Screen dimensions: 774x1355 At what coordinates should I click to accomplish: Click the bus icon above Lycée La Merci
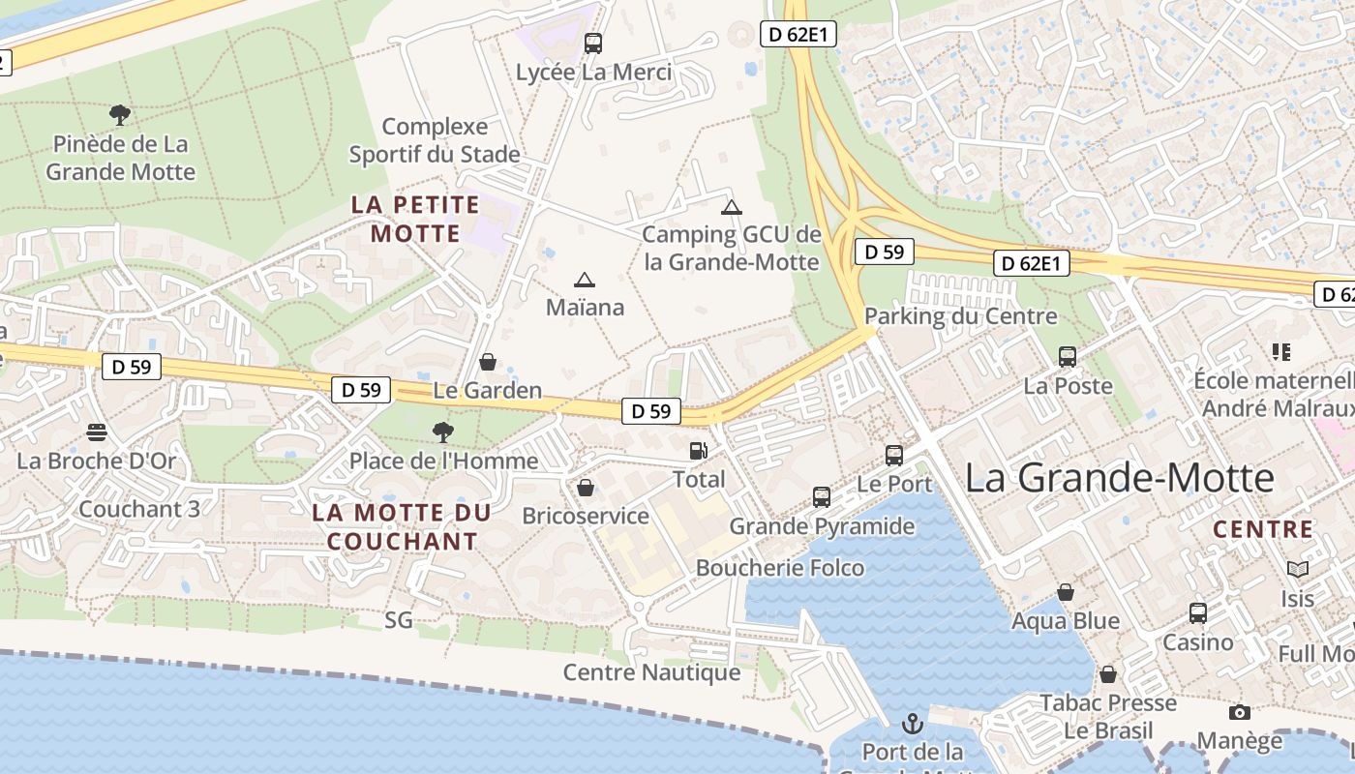pos(593,44)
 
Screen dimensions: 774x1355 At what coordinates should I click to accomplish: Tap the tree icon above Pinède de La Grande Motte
pos(120,116)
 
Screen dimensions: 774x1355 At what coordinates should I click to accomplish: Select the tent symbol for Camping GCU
pos(732,207)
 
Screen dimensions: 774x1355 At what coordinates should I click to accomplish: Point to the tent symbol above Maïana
pos(584,281)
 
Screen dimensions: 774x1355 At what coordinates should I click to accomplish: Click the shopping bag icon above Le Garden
pos(488,363)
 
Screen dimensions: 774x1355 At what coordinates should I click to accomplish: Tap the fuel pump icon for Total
pos(698,451)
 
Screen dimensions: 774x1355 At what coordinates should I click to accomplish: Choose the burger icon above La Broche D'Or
pos(97,432)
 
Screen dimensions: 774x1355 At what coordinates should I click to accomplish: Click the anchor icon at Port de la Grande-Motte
pos(913,723)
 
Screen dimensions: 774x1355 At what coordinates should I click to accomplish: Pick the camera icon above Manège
pos(1239,713)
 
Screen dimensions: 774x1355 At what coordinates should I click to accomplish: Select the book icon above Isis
pos(1298,570)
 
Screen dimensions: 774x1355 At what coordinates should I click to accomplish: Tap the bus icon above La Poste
pos(1068,357)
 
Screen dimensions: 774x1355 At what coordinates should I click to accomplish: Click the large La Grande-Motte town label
pos(1120,479)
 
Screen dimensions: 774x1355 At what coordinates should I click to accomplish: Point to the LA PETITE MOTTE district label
pos(415,219)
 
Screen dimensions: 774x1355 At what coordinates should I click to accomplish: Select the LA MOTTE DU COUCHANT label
pos(402,526)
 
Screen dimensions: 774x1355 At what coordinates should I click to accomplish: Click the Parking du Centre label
pos(960,316)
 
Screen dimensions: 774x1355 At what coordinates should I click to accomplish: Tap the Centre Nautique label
pos(651,672)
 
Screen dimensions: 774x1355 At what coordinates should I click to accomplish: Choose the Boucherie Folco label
pos(780,568)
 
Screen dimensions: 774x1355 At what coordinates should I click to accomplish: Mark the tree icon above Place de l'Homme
pos(443,432)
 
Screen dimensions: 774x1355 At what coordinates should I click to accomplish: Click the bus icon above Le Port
pos(894,456)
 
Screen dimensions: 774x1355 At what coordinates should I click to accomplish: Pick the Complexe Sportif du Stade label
pos(435,140)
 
